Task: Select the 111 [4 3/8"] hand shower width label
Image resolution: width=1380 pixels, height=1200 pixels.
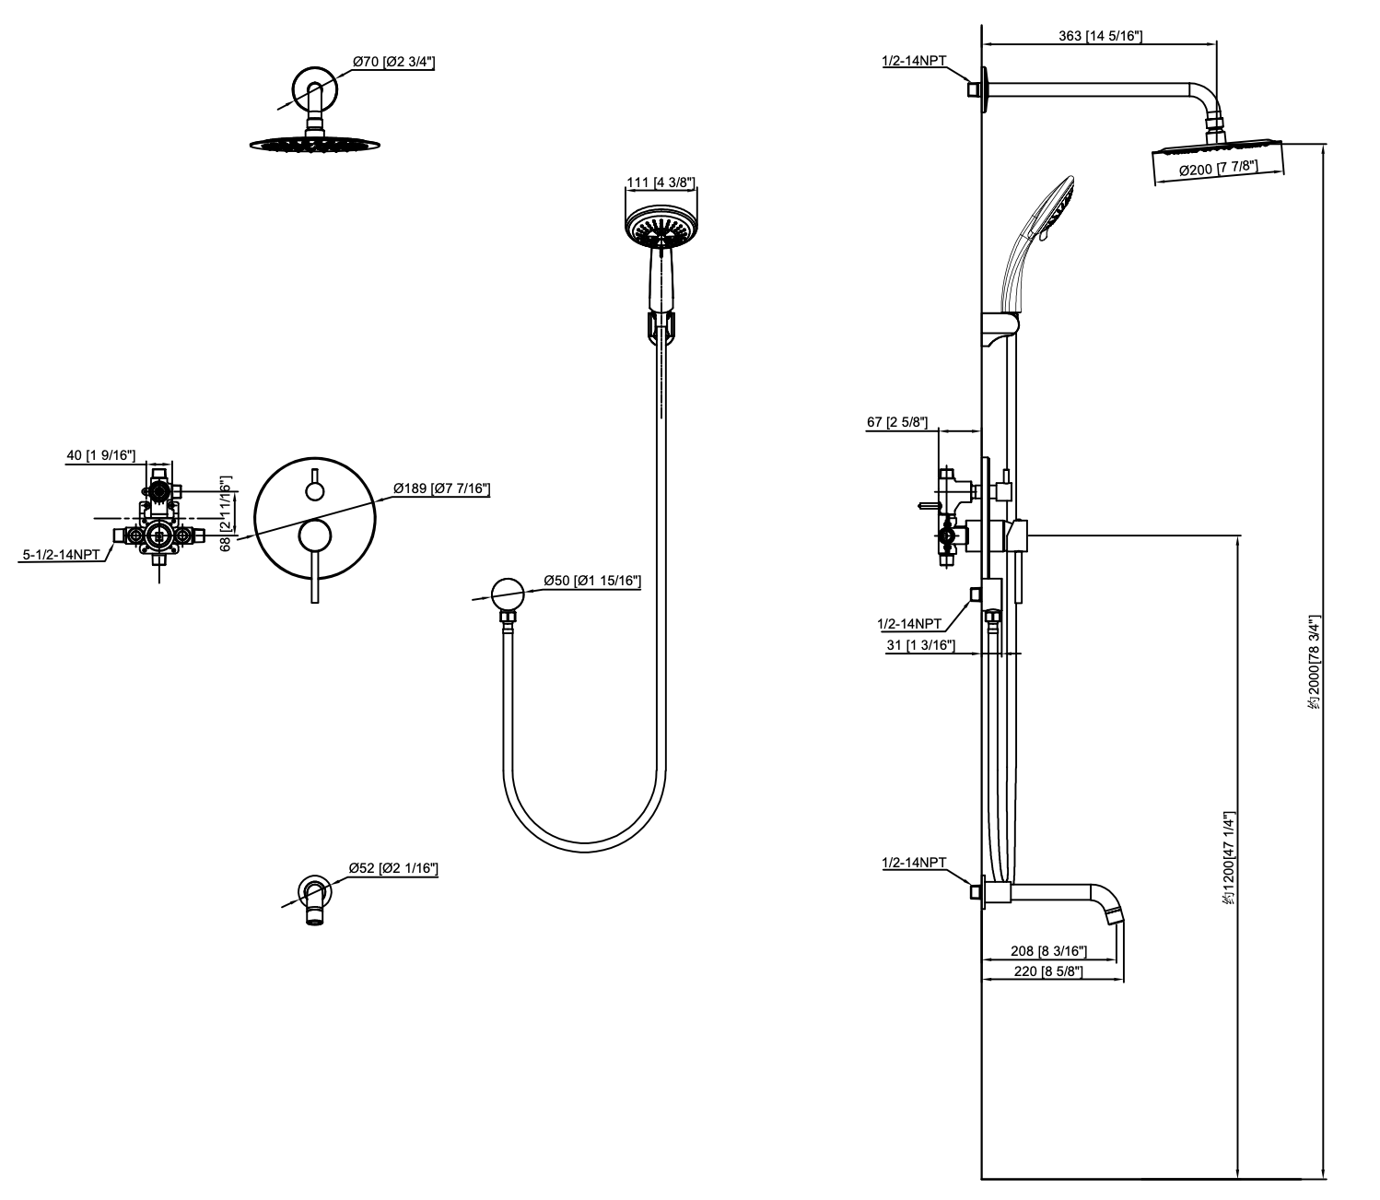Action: click(x=661, y=182)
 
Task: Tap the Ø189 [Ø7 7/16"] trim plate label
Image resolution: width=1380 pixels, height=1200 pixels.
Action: click(x=440, y=488)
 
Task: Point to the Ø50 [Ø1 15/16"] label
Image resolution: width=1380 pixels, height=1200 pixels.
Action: click(x=591, y=581)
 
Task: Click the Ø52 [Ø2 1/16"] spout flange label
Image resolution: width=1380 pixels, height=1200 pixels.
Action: click(x=393, y=867)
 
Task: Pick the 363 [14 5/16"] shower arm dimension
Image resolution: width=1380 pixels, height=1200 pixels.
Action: click(x=1100, y=36)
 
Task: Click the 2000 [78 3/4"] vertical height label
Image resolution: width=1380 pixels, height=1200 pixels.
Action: click(x=1315, y=664)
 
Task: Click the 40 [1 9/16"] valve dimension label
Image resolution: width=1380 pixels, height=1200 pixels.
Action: click(x=101, y=455)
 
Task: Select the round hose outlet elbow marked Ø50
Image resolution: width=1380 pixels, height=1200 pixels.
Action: click(x=507, y=592)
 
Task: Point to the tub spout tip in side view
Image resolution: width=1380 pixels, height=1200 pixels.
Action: click(x=1115, y=914)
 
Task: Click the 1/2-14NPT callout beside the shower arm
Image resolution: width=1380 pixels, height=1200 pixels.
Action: click(x=914, y=61)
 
